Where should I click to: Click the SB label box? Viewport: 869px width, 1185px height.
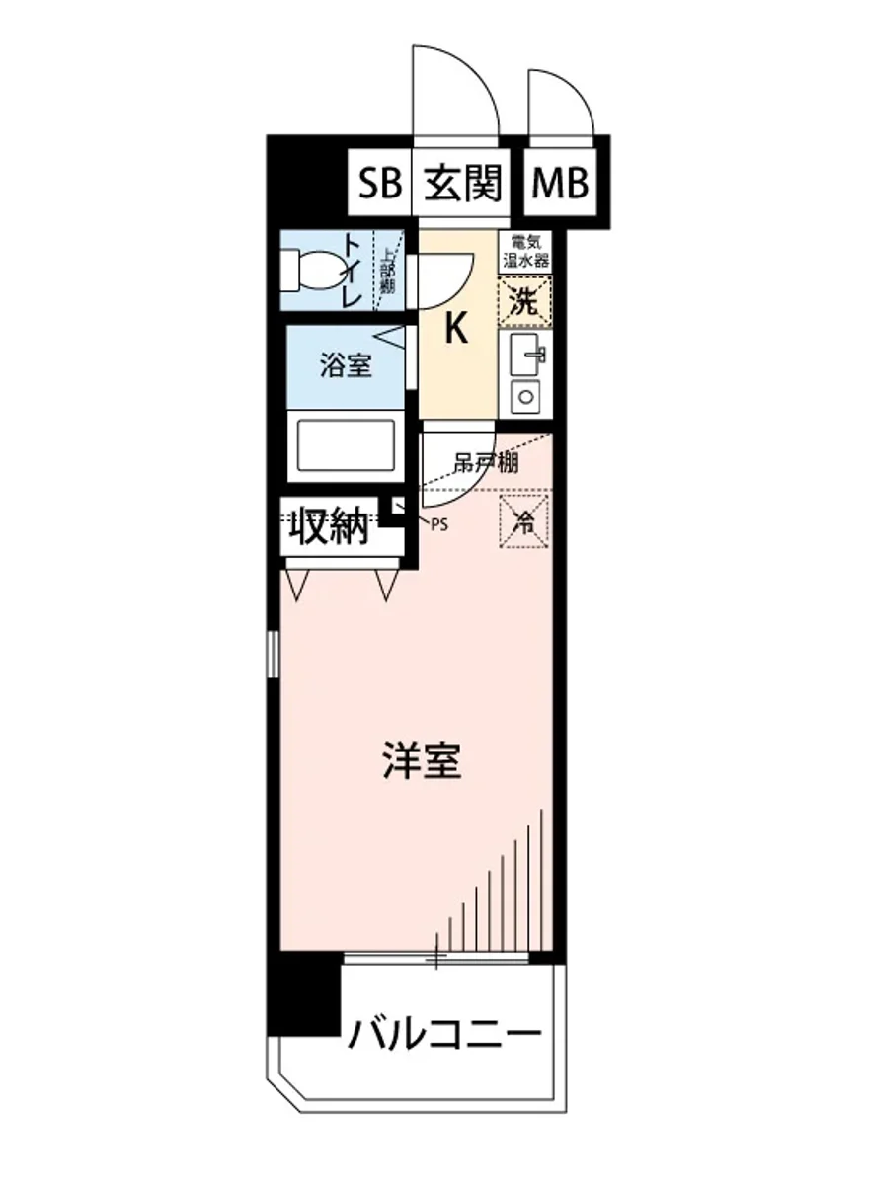pos(380,184)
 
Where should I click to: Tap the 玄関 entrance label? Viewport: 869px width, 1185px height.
pos(463,184)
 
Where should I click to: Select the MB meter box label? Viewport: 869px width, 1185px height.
pos(560,184)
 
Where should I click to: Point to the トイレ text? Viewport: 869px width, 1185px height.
pos(353,270)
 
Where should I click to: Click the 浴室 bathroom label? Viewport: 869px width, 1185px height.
pos(345,366)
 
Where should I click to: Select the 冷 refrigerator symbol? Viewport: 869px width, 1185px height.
pos(524,520)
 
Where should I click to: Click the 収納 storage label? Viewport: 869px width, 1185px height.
pos(329,528)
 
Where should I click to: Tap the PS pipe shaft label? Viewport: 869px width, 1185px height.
pos(438,524)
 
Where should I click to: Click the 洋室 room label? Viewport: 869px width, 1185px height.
pos(423,760)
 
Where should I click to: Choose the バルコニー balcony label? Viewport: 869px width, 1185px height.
pos(444,1034)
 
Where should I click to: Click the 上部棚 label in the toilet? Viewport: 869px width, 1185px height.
pos(389,270)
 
